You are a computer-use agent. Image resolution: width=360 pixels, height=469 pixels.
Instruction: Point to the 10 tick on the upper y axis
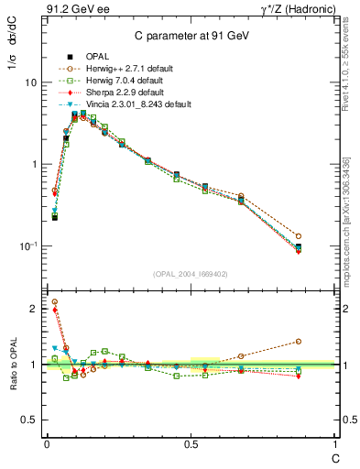point(30,82)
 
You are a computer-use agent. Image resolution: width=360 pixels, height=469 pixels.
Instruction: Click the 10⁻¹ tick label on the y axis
point(28,246)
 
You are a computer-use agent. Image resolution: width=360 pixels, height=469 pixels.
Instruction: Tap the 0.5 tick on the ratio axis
point(30,420)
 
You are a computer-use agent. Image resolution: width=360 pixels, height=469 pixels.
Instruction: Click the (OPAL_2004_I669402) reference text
point(191,274)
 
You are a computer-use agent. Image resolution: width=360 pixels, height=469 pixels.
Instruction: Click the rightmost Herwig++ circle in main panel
point(324,236)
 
